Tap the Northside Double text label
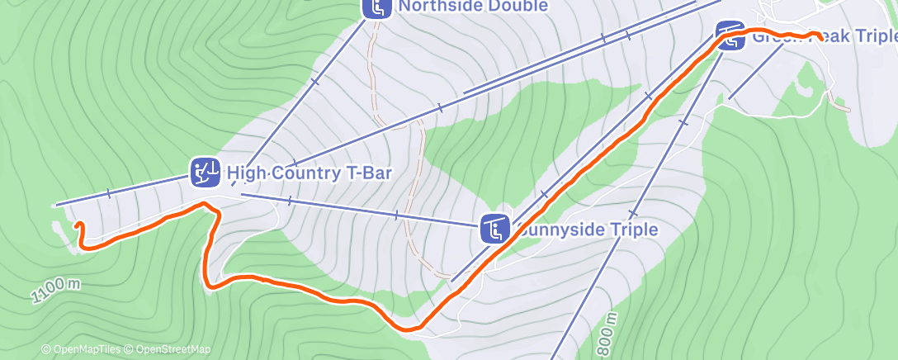click(x=473, y=7)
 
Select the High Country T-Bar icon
click(x=205, y=172)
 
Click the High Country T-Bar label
click(x=309, y=173)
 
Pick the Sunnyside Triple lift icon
click(x=494, y=229)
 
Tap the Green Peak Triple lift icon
click(x=729, y=36)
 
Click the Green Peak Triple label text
click(x=824, y=37)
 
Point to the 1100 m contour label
click(x=57, y=290)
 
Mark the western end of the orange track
click(x=78, y=225)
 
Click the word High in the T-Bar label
click(x=246, y=173)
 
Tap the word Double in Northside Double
click(x=519, y=7)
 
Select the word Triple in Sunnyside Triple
click(x=633, y=229)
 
